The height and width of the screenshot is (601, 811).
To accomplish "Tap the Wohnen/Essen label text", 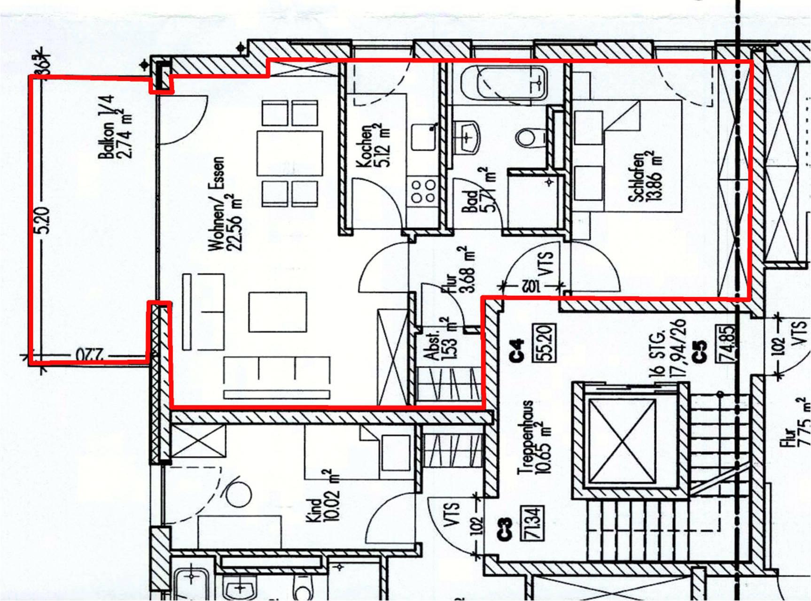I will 226,204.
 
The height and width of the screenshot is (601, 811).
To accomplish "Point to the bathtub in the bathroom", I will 504,83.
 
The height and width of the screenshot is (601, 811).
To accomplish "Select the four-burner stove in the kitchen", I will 423,191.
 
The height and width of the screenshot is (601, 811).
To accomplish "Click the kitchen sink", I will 424,137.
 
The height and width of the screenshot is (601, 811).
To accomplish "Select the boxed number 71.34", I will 532,523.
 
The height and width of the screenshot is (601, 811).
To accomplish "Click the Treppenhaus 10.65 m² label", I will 534,437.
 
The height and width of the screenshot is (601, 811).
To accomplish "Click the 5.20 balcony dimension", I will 42,221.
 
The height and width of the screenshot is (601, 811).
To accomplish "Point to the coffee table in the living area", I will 278,312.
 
